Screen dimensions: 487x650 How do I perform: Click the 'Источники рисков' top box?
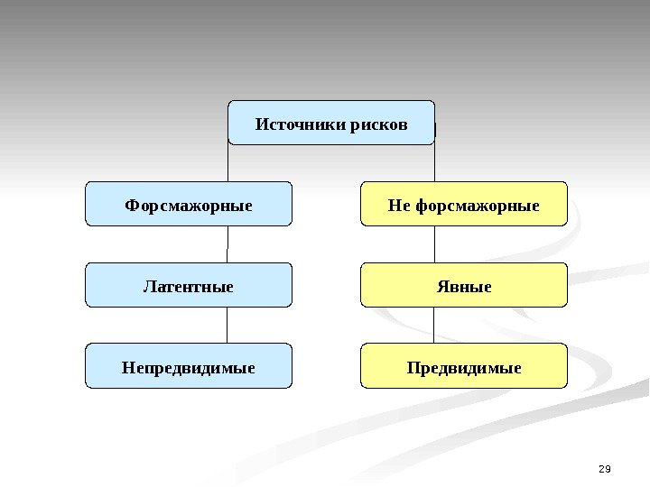click(330, 123)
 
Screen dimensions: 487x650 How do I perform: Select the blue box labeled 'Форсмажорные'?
click(189, 204)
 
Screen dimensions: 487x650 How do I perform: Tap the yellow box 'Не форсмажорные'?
click(464, 204)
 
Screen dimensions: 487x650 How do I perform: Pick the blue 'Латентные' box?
click(189, 285)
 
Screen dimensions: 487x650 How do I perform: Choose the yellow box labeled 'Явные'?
click(464, 285)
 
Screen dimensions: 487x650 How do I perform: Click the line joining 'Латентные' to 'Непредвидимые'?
click(227, 325)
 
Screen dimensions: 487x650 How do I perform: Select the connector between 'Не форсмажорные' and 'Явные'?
click(434, 243)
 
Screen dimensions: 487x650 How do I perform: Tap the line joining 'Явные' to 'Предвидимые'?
click(434, 325)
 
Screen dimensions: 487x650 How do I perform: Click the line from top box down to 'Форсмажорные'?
click(227, 162)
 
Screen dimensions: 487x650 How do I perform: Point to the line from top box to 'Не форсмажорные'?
click(434, 162)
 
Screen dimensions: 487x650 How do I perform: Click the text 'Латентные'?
click(189, 287)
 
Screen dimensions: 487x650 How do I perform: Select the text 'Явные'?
click(464, 287)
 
